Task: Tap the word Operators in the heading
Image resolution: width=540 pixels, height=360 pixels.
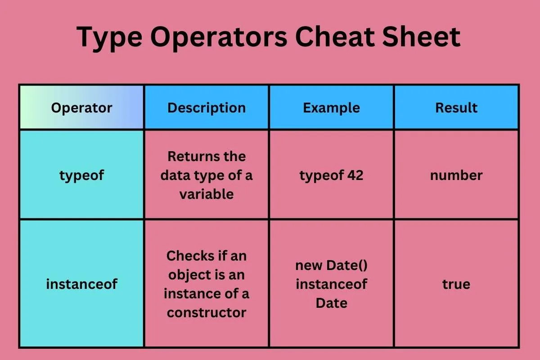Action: (219, 38)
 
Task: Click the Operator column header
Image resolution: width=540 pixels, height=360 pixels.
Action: (81, 108)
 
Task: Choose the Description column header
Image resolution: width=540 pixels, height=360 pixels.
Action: (207, 108)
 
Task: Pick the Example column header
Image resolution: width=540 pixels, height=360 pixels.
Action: (332, 108)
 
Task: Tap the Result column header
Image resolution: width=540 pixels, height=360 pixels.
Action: (456, 108)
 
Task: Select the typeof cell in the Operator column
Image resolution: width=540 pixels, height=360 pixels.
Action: (81, 175)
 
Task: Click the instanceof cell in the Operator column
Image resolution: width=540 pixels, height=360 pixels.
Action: (81, 284)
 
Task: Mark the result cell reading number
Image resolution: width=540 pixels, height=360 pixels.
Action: (456, 175)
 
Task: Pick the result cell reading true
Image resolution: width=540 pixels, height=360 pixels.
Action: (456, 284)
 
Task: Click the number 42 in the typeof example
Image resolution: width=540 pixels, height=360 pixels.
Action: (355, 175)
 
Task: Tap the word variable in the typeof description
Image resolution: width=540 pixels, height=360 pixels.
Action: (207, 194)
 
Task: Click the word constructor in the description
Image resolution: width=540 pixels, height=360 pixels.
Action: (207, 312)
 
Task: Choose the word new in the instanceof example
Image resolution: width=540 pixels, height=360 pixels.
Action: (309, 265)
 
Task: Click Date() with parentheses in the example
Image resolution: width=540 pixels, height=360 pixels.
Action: (347, 265)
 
